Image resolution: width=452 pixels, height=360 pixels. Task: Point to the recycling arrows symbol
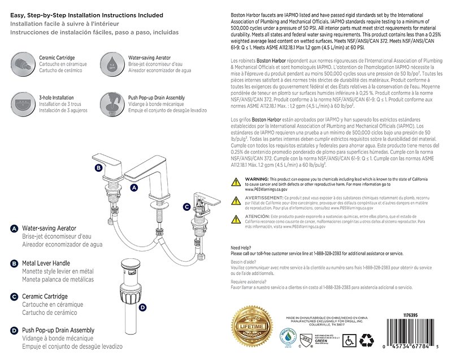pos(367,340)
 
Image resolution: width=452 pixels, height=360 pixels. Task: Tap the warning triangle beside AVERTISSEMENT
pos(237,200)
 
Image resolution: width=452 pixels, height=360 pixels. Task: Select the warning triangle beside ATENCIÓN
pos(237,219)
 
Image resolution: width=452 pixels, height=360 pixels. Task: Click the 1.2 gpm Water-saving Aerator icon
pos(112,62)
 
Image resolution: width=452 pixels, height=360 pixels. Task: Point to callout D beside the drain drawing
pos(143,307)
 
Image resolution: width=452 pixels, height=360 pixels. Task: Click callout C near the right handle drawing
pos(186,207)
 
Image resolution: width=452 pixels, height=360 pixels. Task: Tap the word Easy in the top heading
pos(20,15)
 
